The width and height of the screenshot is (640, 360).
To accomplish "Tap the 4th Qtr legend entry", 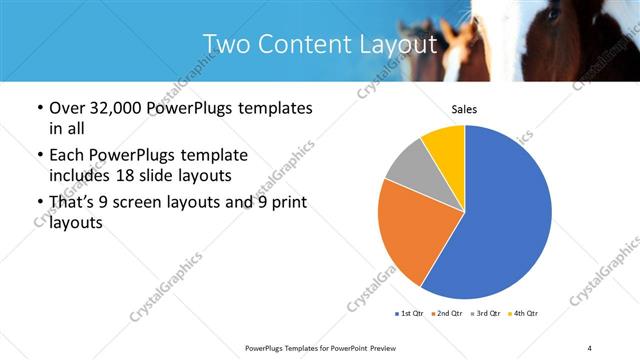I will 525,314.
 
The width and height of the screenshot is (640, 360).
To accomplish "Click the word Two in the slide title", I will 226,44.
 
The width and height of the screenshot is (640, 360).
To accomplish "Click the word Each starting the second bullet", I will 66,155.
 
